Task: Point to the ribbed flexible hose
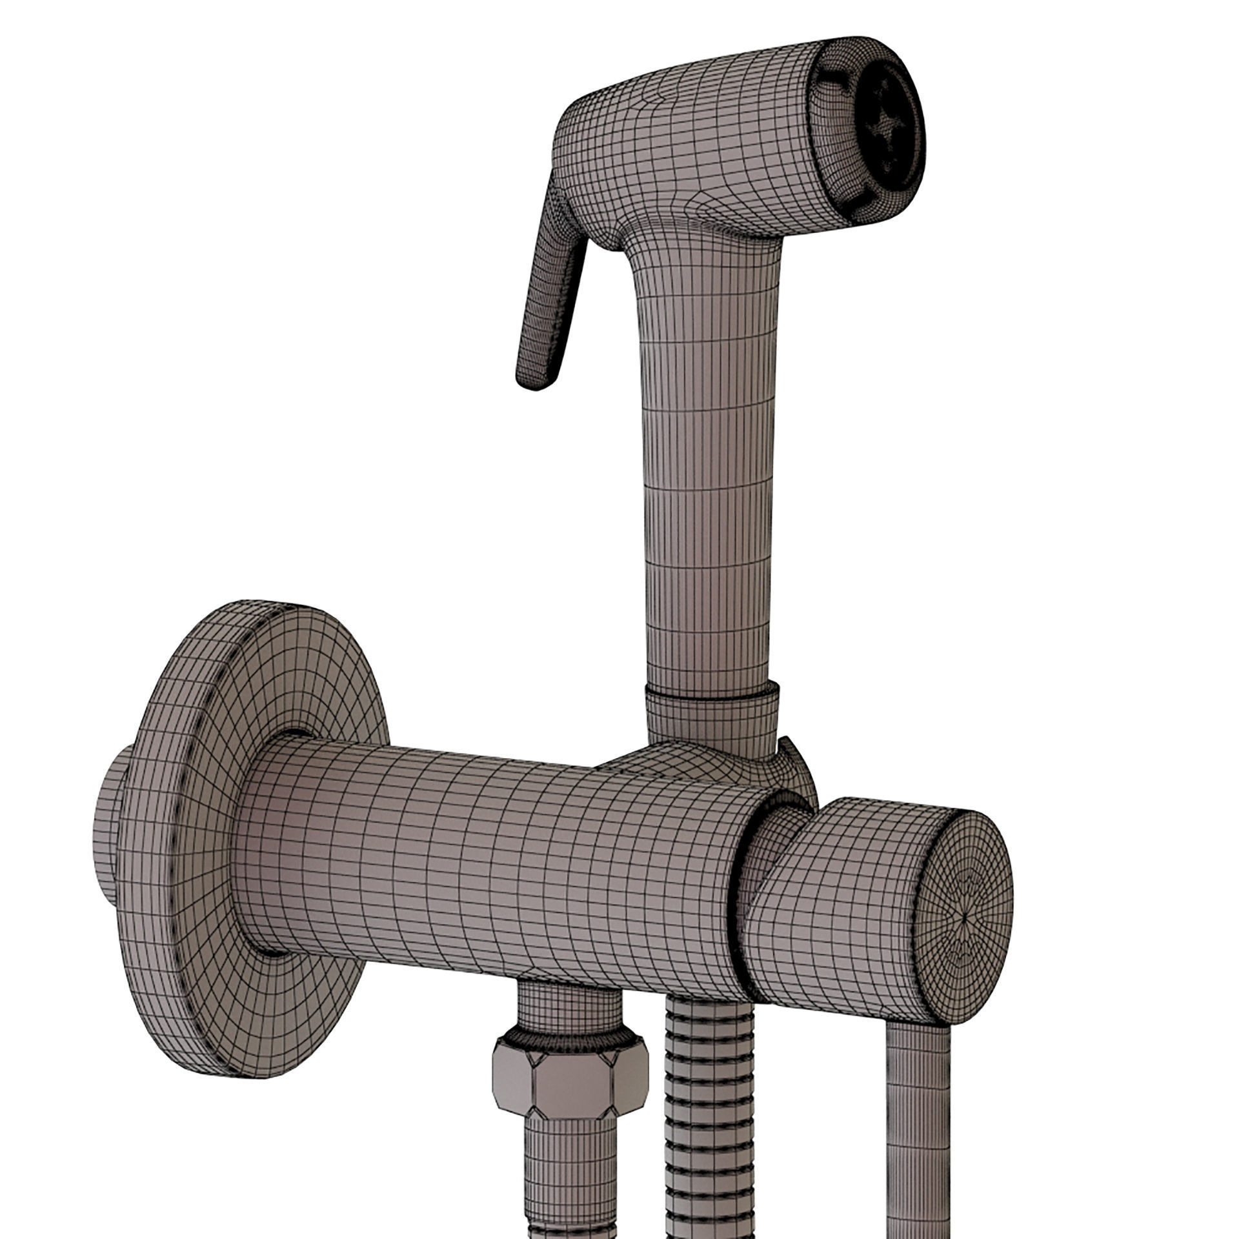click(703, 1097)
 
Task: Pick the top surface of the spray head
click(697, 90)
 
